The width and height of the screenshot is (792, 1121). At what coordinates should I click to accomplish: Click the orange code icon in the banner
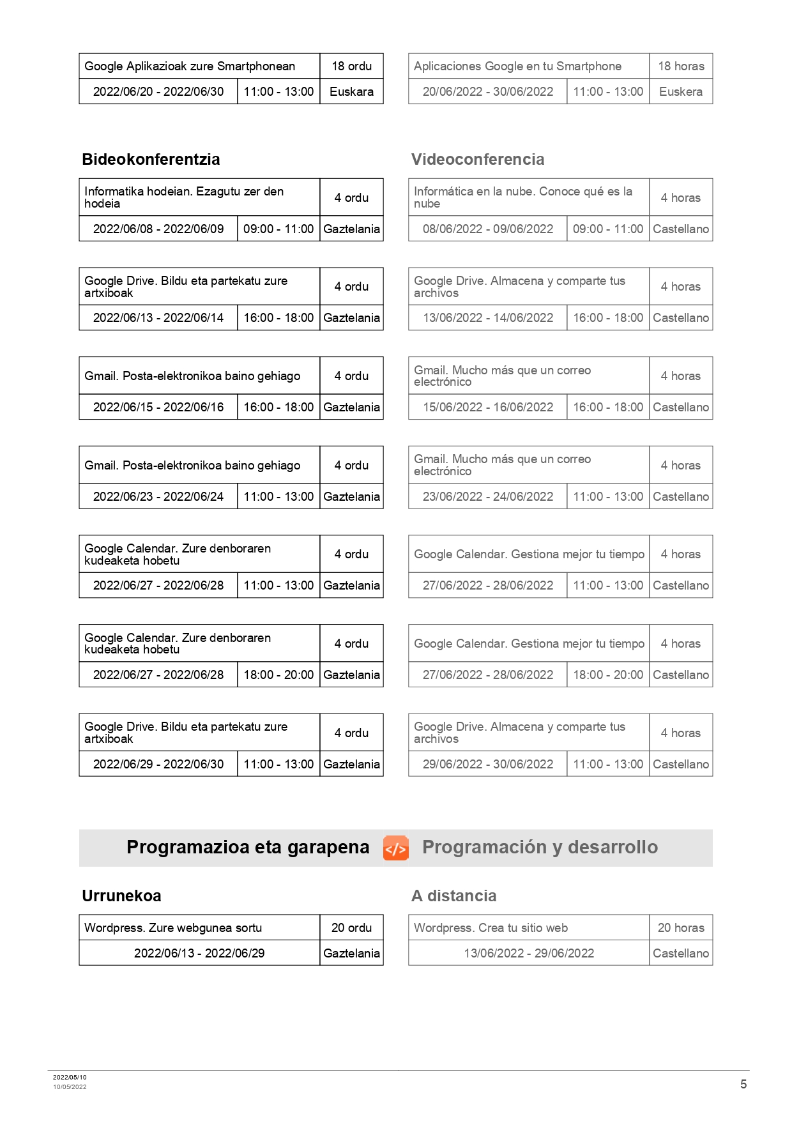(x=395, y=848)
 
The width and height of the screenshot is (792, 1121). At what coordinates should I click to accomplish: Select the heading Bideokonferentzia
(x=151, y=159)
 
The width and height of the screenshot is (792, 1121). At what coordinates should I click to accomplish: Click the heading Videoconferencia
(x=478, y=159)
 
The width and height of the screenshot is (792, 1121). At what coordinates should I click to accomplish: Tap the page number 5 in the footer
(x=743, y=1084)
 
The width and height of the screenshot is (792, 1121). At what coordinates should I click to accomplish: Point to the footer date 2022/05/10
(x=70, y=1077)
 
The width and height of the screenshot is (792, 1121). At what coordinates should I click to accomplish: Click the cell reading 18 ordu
(x=351, y=66)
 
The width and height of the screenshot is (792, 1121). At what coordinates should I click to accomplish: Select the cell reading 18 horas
(x=681, y=66)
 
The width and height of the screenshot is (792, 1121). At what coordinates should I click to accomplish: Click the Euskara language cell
(x=351, y=91)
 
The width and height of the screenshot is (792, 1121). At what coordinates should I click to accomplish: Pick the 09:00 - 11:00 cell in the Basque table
(x=278, y=229)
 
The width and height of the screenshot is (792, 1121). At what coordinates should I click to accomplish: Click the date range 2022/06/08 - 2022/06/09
(x=158, y=229)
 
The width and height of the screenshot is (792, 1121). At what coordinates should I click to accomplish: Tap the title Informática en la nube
(x=522, y=197)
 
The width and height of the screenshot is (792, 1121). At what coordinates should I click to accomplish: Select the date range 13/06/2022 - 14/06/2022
(x=488, y=317)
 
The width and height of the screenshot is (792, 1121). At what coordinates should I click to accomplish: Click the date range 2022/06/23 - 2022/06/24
(x=158, y=496)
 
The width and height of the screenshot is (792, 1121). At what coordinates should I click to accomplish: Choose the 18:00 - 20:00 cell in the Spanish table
(x=608, y=675)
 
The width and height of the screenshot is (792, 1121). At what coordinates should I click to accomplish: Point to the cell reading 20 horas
(x=681, y=927)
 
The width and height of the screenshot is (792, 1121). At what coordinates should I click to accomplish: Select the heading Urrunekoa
(x=121, y=896)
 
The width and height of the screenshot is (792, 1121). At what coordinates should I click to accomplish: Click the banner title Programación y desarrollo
(x=540, y=847)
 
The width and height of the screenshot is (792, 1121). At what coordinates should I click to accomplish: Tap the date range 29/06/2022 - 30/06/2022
(x=488, y=764)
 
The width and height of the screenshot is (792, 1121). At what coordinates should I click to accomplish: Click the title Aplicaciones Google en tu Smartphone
(x=517, y=66)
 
